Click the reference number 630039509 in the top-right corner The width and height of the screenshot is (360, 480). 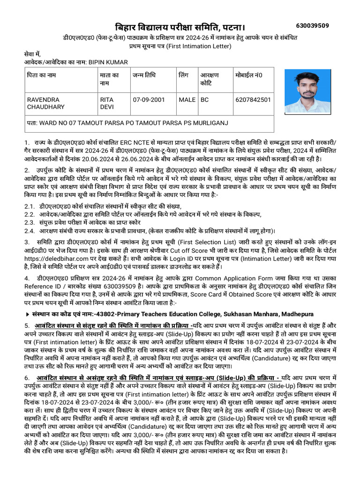[313, 25]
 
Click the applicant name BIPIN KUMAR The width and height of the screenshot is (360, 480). [108, 62]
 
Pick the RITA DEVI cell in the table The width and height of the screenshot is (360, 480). [107, 103]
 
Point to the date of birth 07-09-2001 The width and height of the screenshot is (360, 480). [149, 100]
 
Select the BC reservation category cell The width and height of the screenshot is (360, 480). [205, 100]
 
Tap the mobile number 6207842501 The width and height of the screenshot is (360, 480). [254, 100]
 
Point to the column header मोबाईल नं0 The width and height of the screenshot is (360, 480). [249, 75]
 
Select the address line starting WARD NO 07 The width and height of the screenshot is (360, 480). [127, 123]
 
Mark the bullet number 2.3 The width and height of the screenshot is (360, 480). [29, 222]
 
